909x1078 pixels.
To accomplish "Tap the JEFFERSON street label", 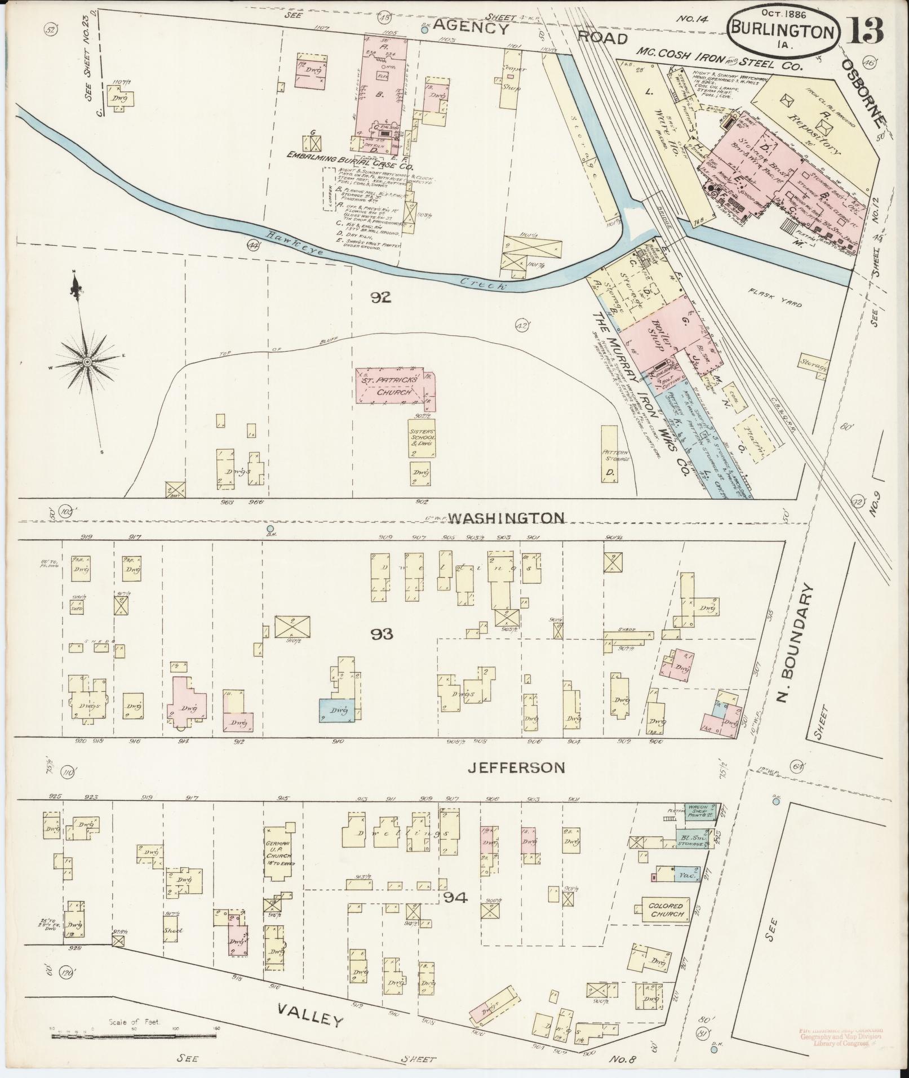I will [517, 767].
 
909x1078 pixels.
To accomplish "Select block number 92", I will [381, 298].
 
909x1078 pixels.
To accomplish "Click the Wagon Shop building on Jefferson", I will [700, 812].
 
